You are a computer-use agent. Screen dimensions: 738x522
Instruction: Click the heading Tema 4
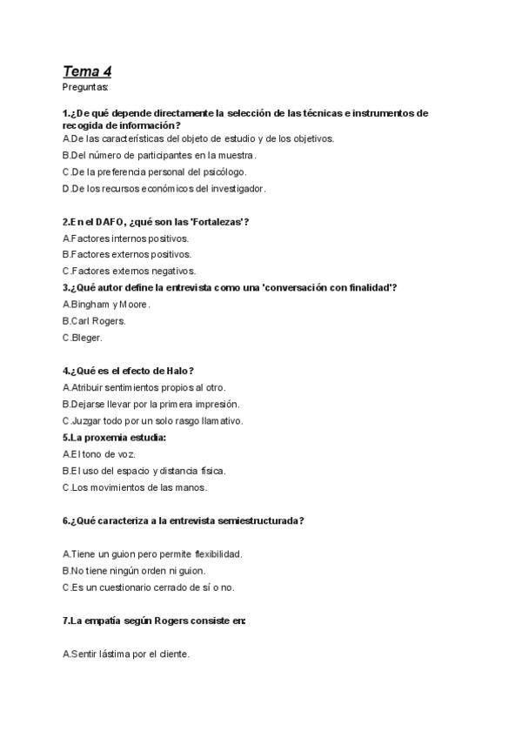point(86,71)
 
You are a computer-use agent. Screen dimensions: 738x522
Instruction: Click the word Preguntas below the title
point(85,87)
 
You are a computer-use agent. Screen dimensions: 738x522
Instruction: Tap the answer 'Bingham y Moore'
point(106,304)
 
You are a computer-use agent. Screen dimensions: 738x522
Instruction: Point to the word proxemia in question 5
point(105,437)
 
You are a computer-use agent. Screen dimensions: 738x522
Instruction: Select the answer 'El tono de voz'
point(99,453)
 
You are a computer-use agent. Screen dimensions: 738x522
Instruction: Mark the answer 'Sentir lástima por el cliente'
point(126,654)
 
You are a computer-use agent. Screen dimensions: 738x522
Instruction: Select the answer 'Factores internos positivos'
point(126,238)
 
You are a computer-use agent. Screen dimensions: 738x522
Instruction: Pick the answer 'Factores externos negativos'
point(129,271)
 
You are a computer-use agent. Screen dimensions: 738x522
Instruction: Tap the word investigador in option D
point(238,188)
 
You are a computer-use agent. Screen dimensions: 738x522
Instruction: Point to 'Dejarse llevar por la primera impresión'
point(151,404)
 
